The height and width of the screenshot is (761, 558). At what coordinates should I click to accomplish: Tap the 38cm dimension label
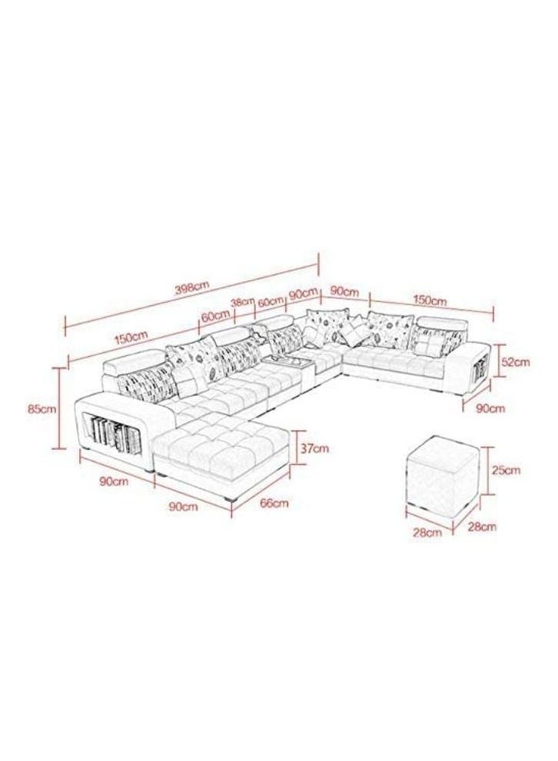[x=243, y=302]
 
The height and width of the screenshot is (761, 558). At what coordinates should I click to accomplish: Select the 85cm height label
[x=42, y=409]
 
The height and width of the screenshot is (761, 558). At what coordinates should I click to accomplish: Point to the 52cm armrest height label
[x=515, y=361]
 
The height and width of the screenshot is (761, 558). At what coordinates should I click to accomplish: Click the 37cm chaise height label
[x=314, y=448]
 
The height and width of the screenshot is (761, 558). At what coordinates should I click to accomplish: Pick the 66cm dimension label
[x=274, y=503]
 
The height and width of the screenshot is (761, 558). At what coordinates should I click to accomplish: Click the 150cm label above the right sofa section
[x=430, y=301]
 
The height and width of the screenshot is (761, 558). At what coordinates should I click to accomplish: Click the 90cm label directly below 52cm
[x=490, y=409]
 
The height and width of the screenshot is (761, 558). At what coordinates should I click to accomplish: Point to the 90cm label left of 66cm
[x=184, y=507]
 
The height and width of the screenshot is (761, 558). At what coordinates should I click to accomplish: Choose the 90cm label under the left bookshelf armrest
[x=114, y=481]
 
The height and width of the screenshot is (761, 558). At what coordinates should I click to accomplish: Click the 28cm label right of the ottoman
[x=482, y=527]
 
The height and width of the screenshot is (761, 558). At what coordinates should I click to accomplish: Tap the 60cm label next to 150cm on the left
[x=215, y=317]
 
